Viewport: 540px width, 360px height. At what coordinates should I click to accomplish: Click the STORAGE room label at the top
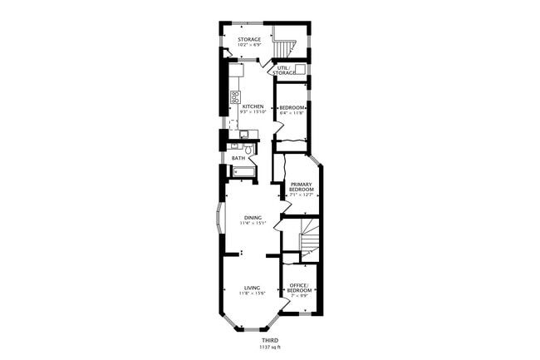pyautogui.click(x=249, y=39)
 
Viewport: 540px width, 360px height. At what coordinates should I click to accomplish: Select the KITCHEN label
pyautogui.click(x=253, y=106)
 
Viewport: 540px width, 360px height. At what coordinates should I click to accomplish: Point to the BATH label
pyautogui.click(x=238, y=157)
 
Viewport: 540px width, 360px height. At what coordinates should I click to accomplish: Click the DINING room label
pyautogui.click(x=253, y=218)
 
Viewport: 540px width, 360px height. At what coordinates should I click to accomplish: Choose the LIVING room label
pyautogui.click(x=253, y=288)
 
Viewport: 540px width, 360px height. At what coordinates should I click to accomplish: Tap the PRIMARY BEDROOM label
pyautogui.click(x=301, y=186)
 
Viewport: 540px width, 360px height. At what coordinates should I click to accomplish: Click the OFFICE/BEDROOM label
pyautogui.click(x=299, y=288)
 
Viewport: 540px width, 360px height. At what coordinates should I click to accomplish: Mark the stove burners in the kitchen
pyautogui.click(x=235, y=96)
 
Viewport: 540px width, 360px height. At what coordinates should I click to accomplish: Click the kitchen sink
pyautogui.click(x=244, y=134)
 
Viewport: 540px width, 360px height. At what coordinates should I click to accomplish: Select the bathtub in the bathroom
pyautogui.click(x=244, y=172)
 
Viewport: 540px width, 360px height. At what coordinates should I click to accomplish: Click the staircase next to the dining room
pyautogui.click(x=309, y=239)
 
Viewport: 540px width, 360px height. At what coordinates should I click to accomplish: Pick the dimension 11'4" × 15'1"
pyautogui.click(x=253, y=224)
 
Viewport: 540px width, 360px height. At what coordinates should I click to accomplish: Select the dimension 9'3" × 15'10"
pyautogui.click(x=253, y=112)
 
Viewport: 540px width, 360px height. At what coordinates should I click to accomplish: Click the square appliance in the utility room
pyautogui.click(x=300, y=69)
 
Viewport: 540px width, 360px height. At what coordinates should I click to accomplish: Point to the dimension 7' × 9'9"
pyautogui.click(x=299, y=295)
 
